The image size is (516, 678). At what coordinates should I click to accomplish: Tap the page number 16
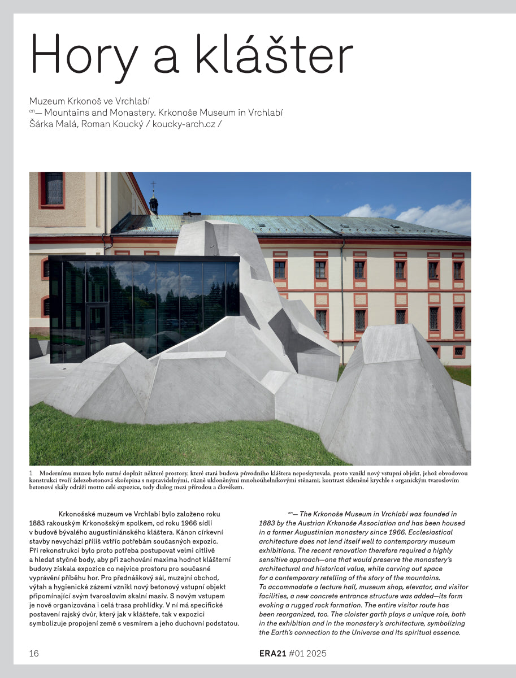click(34, 654)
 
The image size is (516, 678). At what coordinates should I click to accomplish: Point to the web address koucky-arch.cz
click(184, 124)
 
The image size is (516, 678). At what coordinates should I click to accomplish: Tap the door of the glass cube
click(98, 330)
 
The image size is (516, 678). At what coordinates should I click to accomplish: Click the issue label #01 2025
click(307, 654)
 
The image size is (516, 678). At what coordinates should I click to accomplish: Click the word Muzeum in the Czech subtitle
click(46, 101)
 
